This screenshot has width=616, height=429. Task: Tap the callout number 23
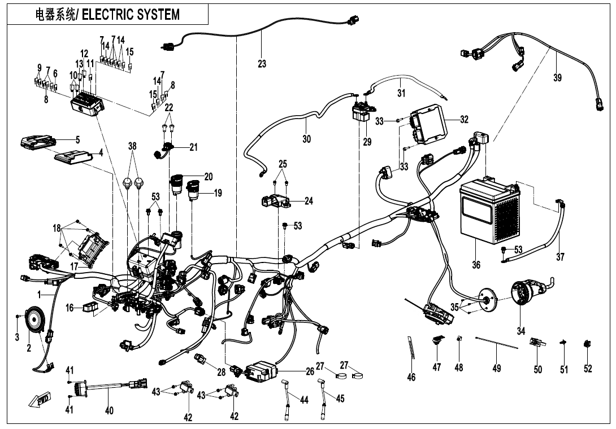[x=262, y=64]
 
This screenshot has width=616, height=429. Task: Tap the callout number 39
[x=557, y=78]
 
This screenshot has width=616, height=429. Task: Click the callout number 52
[x=588, y=369]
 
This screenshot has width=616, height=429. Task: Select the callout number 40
[x=110, y=410]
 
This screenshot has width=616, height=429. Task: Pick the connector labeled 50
[x=537, y=344]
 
